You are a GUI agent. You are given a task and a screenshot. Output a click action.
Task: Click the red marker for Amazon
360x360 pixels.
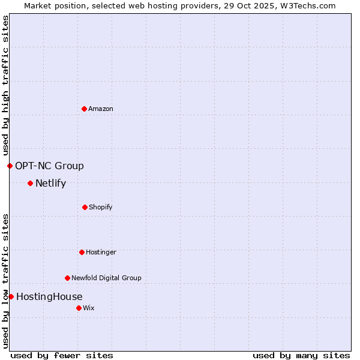tap(84, 109)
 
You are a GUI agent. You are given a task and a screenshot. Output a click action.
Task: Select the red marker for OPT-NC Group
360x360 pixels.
tap(10, 166)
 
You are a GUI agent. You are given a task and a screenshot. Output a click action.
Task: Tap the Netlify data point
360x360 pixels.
tap(30, 183)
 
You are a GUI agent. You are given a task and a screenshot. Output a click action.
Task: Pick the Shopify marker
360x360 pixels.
tap(85, 207)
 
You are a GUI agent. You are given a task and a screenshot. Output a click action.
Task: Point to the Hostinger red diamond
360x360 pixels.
tap(82, 252)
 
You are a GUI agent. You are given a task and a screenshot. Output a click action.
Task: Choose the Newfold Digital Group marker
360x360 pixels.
tap(67, 278)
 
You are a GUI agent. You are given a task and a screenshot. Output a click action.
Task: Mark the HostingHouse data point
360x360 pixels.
tap(11, 296)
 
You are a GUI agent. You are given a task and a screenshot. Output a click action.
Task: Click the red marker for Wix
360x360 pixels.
tap(79, 308)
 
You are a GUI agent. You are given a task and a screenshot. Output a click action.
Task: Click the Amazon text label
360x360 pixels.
tap(101, 109)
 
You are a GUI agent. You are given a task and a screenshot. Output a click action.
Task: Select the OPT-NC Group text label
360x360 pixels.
tap(49, 166)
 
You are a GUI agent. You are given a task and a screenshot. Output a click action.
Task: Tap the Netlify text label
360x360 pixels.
tap(50, 183)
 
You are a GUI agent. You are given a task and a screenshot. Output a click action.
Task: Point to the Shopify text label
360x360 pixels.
tap(100, 207)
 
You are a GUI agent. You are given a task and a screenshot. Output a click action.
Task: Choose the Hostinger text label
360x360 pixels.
tap(101, 252)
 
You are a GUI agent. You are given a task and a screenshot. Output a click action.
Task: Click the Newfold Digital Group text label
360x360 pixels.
tap(106, 278)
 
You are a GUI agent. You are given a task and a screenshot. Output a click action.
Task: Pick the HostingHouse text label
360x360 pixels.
tap(49, 296)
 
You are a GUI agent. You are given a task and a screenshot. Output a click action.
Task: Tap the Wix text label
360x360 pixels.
tap(89, 308)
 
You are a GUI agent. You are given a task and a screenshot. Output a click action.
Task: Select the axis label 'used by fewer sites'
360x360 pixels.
tap(62, 355)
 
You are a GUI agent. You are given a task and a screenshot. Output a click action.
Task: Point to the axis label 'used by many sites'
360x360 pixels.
tap(301, 355)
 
